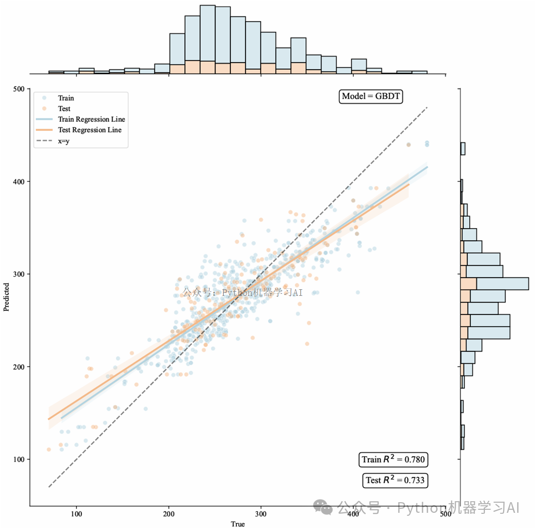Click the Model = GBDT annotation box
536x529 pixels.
(x=371, y=97)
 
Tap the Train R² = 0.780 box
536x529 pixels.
(x=393, y=460)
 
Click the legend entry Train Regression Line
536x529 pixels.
(x=91, y=119)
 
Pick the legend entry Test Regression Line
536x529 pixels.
(x=90, y=130)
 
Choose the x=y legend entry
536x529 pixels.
(x=64, y=141)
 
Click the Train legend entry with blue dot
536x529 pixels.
(x=66, y=98)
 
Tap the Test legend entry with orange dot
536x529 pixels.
(x=64, y=109)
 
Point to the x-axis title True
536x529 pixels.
(x=237, y=524)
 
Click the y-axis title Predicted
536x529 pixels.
(x=7, y=297)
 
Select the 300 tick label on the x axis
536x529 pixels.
(x=261, y=514)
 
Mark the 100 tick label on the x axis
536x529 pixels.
(x=76, y=514)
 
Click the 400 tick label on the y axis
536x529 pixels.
(x=18, y=182)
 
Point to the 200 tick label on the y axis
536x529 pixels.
(x=18, y=367)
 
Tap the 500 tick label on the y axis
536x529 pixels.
(x=18, y=89)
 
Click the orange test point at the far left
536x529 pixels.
(x=49, y=449)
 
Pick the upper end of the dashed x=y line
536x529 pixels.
(x=428, y=107)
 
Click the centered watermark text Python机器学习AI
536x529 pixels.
(x=242, y=292)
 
